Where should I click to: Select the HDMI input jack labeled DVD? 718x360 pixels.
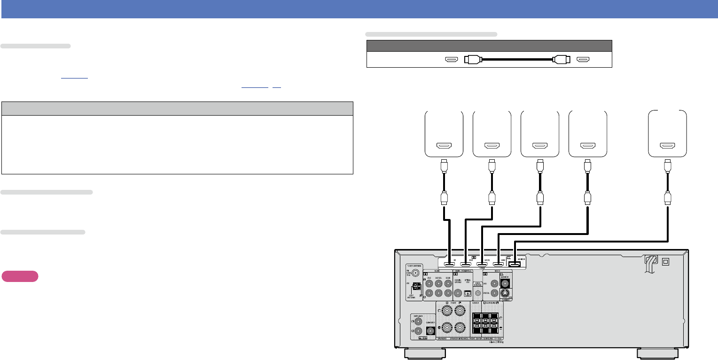coord(466,265)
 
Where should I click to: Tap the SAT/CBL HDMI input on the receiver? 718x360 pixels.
coord(482,265)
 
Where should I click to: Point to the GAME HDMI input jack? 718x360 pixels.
coord(498,265)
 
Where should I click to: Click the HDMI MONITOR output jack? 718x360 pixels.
coord(515,265)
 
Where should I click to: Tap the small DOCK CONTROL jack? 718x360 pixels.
coord(478,293)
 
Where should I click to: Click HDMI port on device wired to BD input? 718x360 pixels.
coord(444,146)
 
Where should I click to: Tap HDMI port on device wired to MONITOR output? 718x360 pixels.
coord(667,146)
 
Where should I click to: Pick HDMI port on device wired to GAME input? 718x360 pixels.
coord(587,146)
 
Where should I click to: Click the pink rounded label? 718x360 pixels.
coord(20,276)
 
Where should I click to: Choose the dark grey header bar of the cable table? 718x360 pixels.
coord(489,46)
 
